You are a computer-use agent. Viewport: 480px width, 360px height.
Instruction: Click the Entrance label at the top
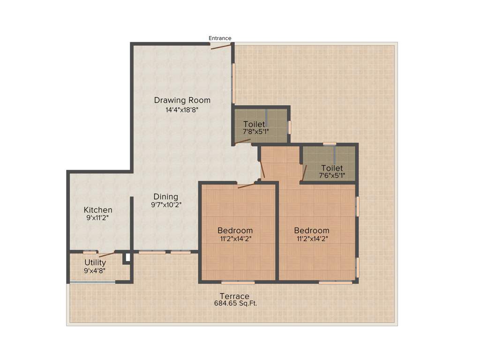tap(220, 38)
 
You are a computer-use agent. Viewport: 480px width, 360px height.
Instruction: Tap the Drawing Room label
tap(182, 100)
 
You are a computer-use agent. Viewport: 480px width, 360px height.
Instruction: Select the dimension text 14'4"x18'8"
tap(182, 110)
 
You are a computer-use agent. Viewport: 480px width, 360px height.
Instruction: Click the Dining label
tap(166, 196)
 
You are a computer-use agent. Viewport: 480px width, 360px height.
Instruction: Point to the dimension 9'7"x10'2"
tap(166, 205)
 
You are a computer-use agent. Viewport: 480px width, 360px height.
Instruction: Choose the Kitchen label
tap(98, 210)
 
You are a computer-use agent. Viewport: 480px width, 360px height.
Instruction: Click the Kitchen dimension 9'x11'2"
tap(98, 218)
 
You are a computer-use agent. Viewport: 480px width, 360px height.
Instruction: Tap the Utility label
tap(95, 262)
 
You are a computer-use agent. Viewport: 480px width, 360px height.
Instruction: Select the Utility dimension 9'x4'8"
tap(95, 270)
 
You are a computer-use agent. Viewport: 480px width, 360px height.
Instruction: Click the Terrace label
tap(235, 296)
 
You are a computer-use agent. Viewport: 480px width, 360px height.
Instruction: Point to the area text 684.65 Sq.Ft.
tap(236, 304)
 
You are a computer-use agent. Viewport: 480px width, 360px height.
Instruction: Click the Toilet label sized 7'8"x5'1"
tap(254, 124)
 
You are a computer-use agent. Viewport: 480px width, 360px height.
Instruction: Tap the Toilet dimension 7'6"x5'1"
tap(332, 176)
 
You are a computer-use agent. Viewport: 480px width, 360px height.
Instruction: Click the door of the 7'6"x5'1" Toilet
tap(304, 172)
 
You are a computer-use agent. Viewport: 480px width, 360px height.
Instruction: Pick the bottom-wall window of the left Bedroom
tap(238, 283)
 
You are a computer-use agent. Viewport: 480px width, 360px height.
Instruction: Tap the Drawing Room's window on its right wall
tap(233, 83)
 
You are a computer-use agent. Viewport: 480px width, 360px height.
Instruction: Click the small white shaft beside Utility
tap(127, 257)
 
